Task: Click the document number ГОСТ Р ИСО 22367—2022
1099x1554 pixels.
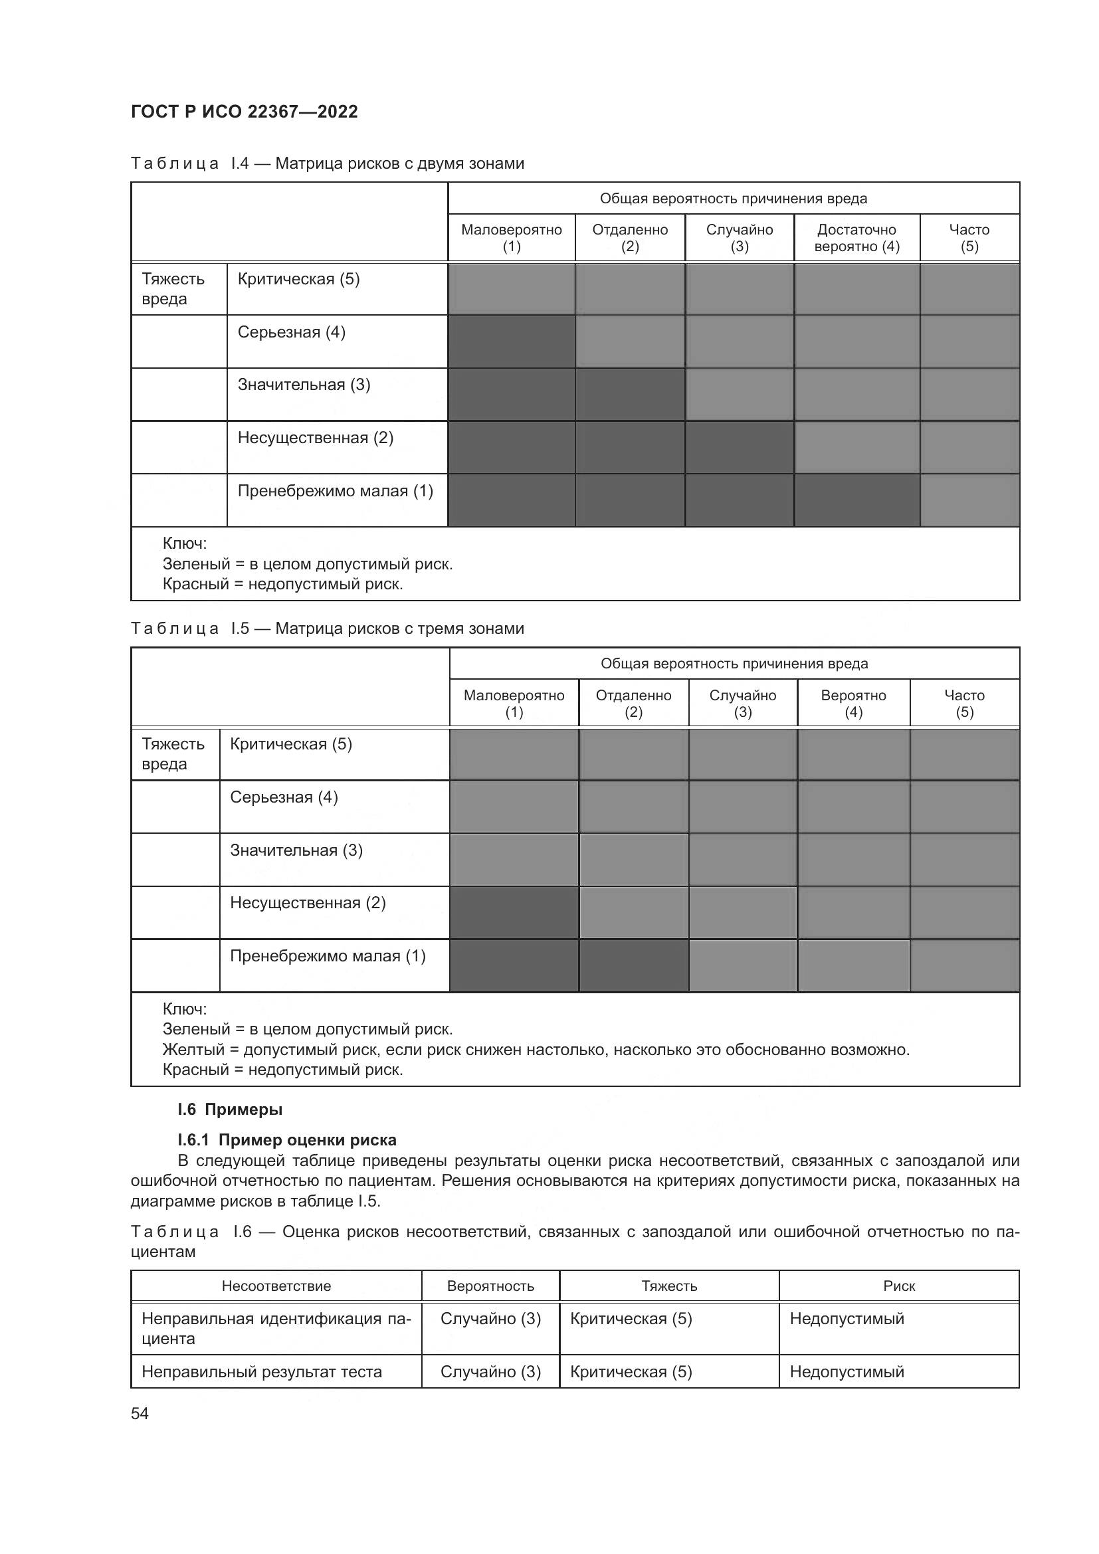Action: [x=245, y=112]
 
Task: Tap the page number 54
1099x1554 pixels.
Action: [x=140, y=1413]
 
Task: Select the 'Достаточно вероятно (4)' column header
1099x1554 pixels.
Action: [x=856, y=238]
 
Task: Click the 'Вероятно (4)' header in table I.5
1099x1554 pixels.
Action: [x=852, y=703]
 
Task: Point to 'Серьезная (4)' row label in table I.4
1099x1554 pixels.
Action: [x=291, y=332]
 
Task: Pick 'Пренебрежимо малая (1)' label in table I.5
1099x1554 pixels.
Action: [x=328, y=956]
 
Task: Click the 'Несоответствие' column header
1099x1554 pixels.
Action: [x=276, y=1286]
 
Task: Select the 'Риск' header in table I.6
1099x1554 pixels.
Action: [x=899, y=1286]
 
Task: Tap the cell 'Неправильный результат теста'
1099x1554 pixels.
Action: [x=261, y=1372]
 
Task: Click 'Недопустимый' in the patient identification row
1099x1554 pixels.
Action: [x=847, y=1318]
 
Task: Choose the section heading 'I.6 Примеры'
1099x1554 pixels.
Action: [x=230, y=1110]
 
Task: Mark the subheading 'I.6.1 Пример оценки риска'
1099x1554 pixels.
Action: [x=287, y=1140]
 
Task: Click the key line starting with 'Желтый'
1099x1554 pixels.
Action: [x=536, y=1050]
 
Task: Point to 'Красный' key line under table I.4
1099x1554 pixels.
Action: [x=283, y=583]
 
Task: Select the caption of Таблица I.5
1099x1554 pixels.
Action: [x=328, y=629]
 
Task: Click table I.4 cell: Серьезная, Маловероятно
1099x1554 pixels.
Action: [x=512, y=341]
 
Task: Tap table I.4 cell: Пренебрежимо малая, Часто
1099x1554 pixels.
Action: [x=969, y=500]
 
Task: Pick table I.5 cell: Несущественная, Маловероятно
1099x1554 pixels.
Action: [x=514, y=912]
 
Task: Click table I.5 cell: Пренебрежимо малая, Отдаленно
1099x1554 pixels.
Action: [x=633, y=965]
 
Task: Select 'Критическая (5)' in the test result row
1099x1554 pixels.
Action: [x=631, y=1372]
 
